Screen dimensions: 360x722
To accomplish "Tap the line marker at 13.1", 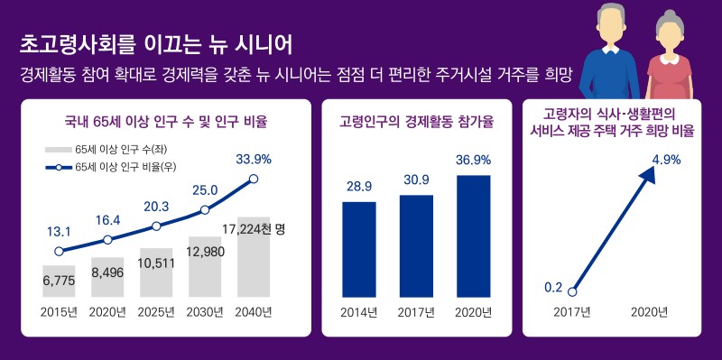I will point(59,252).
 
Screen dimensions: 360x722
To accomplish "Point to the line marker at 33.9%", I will point(254,179).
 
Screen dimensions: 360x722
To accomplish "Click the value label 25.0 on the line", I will point(206,189).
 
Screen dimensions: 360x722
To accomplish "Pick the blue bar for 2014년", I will point(359,249).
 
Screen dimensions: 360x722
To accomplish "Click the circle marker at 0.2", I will point(572,291).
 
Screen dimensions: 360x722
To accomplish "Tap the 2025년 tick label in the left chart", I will point(156,312).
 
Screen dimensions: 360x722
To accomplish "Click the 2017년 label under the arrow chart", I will point(571,312).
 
